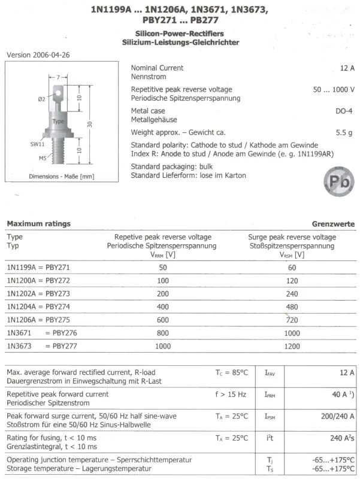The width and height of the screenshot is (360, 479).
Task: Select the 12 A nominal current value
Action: (347, 68)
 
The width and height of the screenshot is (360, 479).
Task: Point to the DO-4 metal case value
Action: (344, 111)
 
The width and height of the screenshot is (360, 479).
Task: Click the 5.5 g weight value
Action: (345, 133)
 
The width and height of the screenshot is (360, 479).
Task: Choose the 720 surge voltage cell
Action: (292, 319)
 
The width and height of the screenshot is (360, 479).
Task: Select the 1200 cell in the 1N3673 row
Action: (292, 346)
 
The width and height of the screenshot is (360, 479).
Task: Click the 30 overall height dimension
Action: (89, 124)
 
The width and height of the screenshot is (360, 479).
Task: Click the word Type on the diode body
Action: (58, 122)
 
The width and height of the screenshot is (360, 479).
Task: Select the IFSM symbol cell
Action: (270, 416)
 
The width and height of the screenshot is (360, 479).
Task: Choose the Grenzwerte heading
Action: (333, 224)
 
